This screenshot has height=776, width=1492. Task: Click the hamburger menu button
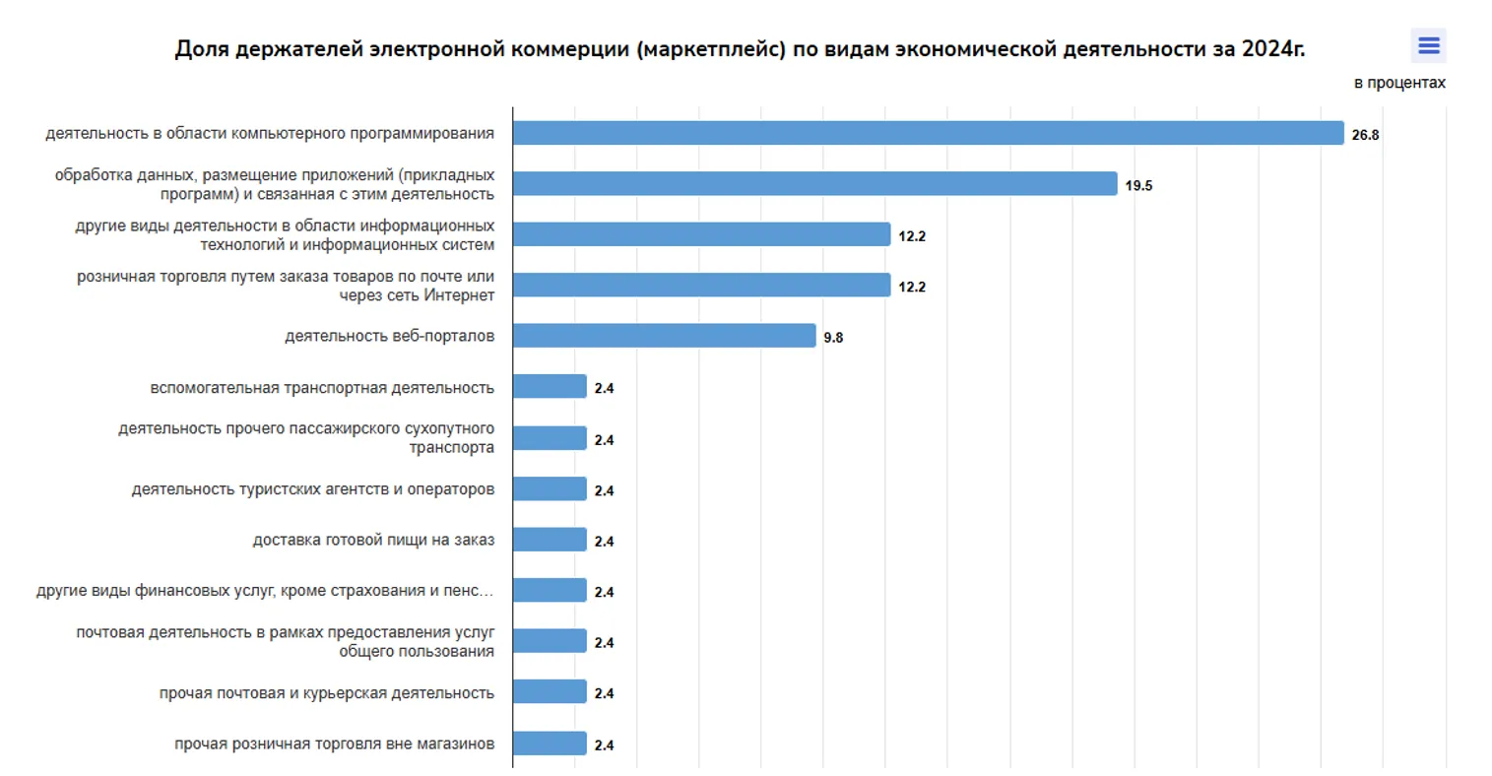(x=1428, y=46)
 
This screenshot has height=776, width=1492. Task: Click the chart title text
(x=739, y=49)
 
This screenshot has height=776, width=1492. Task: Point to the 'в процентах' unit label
(x=1398, y=83)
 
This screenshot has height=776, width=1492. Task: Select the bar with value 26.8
(x=928, y=133)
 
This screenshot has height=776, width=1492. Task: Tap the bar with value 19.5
(x=814, y=184)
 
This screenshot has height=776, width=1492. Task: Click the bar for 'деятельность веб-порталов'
(x=664, y=336)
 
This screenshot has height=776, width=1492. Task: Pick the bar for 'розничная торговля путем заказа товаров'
(x=701, y=286)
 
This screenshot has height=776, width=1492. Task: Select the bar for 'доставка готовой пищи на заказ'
(x=550, y=540)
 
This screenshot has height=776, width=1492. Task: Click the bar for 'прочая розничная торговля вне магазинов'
(x=550, y=744)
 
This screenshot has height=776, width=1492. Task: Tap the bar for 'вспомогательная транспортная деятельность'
(x=550, y=387)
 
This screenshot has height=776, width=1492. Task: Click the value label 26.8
(x=1365, y=135)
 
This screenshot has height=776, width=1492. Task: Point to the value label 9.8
(x=833, y=338)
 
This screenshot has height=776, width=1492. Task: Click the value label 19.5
(x=1138, y=186)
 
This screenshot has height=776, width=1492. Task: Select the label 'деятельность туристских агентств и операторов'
(x=313, y=489)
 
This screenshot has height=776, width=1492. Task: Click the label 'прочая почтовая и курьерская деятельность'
(x=327, y=693)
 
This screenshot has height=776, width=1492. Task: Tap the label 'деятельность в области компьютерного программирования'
(x=270, y=133)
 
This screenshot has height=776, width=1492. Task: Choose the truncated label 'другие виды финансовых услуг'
(x=265, y=591)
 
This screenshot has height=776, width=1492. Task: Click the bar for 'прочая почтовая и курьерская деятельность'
(x=550, y=692)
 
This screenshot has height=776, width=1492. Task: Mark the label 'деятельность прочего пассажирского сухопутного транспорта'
(x=306, y=438)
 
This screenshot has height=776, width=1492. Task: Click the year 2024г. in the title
(x=1272, y=49)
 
